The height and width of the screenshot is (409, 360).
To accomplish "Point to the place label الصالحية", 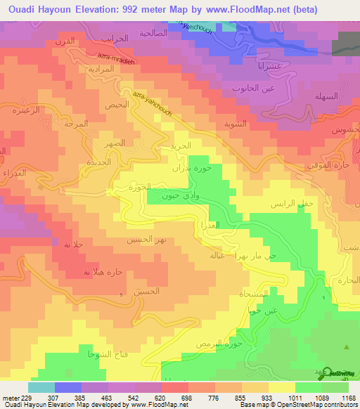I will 153,33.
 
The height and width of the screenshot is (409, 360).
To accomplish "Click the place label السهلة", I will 327,96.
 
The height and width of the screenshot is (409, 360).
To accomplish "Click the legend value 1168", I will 347,398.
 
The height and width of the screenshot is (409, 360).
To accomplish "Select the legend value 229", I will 28,398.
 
